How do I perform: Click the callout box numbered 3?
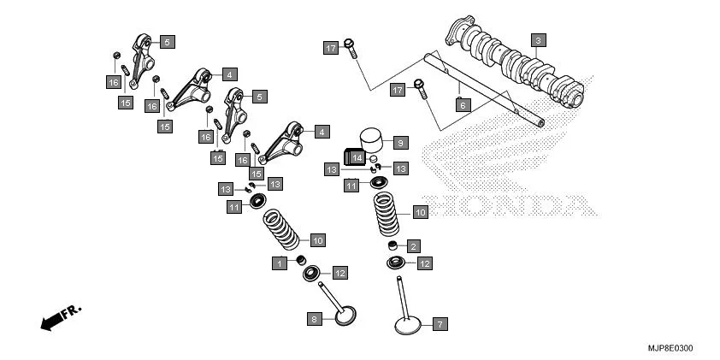[537, 40]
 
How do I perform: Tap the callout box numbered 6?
[463, 105]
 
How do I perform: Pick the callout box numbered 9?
[400, 142]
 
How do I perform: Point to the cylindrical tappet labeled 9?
[369, 139]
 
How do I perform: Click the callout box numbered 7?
[440, 324]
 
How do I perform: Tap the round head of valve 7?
[407, 326]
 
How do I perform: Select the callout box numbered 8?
[315, 319]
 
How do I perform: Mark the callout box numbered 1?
[279, 263]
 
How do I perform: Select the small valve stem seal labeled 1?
[301, 259]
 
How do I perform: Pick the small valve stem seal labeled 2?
[393, 247]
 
